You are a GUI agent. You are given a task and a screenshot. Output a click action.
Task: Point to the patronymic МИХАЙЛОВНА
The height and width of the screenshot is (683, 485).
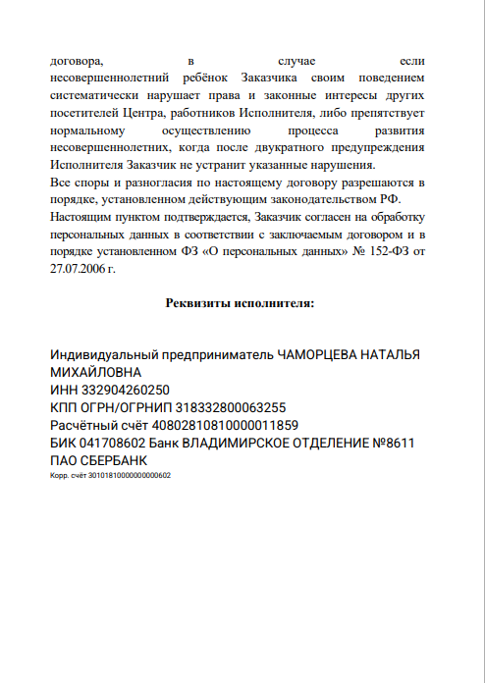(95, 372)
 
